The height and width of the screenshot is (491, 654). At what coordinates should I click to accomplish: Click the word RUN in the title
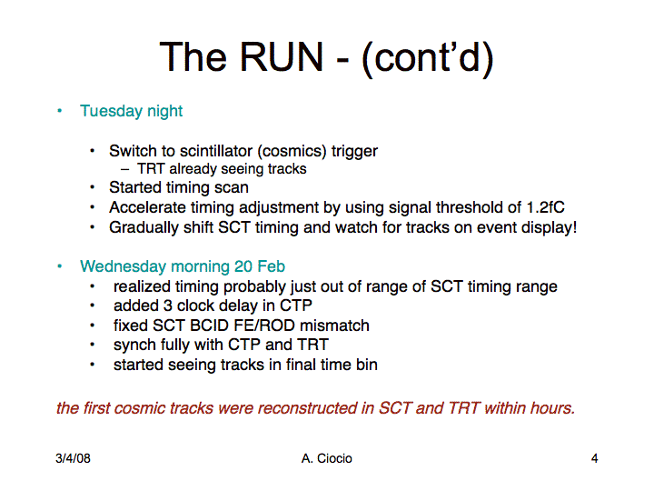[x=281, y=56]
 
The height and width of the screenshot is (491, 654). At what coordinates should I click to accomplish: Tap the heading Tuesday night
[x=132, y=112]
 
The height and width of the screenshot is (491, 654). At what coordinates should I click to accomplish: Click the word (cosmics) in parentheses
[x=292, y=151]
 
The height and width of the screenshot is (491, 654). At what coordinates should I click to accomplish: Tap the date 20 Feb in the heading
[x=260, y=266]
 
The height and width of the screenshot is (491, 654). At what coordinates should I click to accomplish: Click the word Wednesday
[x=123, y=266]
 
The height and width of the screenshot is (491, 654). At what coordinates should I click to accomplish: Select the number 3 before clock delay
[x=168, y=306]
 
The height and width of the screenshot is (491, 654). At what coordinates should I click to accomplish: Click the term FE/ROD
[x=266, y=326]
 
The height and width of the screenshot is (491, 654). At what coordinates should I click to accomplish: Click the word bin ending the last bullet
[x=367, y=365]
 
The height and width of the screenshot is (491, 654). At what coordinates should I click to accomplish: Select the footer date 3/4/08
[x=73, y=458]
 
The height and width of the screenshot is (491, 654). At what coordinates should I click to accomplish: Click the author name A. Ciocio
[x=327, y=458]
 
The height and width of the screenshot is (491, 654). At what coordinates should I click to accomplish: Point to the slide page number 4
[x=594, y=458]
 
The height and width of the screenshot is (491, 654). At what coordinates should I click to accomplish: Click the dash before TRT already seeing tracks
[x=124, y=169]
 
